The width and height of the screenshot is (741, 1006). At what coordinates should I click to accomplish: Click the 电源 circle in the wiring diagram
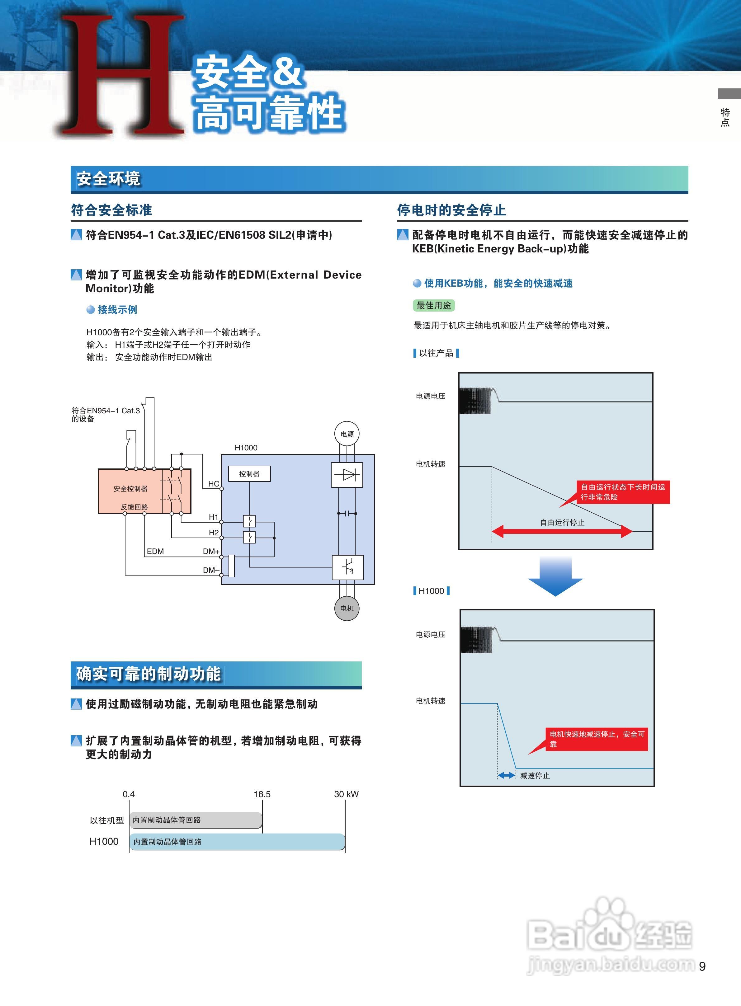(x=347, y=434)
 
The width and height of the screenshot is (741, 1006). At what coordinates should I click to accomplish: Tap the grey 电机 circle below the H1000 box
(x=347, y=608)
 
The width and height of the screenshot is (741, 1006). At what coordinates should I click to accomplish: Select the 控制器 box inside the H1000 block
(x=249, y=473)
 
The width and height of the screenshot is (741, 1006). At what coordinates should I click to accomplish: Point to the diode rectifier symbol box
(x=347, y=475)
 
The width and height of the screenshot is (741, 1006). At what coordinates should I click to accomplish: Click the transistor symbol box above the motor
(x=347, y=567)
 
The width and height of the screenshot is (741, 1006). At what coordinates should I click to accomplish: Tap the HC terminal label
(x=214, y=484)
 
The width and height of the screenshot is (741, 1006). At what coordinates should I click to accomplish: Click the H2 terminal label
(x=214, y=533)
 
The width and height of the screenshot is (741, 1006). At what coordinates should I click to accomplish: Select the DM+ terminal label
(x=211, y=552)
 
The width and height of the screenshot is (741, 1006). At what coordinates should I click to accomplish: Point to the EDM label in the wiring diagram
(x=155, y=552)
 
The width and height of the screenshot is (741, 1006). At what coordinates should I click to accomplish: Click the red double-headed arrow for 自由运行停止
(x=562, y=532)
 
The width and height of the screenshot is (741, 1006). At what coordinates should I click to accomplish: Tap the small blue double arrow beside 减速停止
(x=507, y=775)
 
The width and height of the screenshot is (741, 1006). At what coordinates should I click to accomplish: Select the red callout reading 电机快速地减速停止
(x=597, y=739)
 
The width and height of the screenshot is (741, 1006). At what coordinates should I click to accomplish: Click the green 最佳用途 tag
(x=433, y=305)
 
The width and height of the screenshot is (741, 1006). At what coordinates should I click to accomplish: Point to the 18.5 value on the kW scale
(x=262, y=794)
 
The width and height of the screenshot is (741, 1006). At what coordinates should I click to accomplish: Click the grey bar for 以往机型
(x=196, y=820)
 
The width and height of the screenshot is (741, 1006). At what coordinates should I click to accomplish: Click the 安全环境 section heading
(x=109, y=179)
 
